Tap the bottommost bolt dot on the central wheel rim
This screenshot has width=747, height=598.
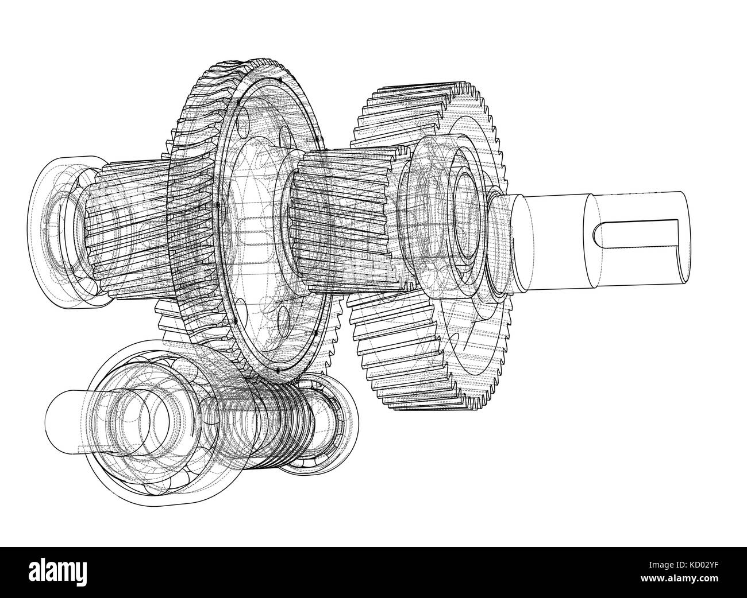pyautogui.click(x=277, y=371)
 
